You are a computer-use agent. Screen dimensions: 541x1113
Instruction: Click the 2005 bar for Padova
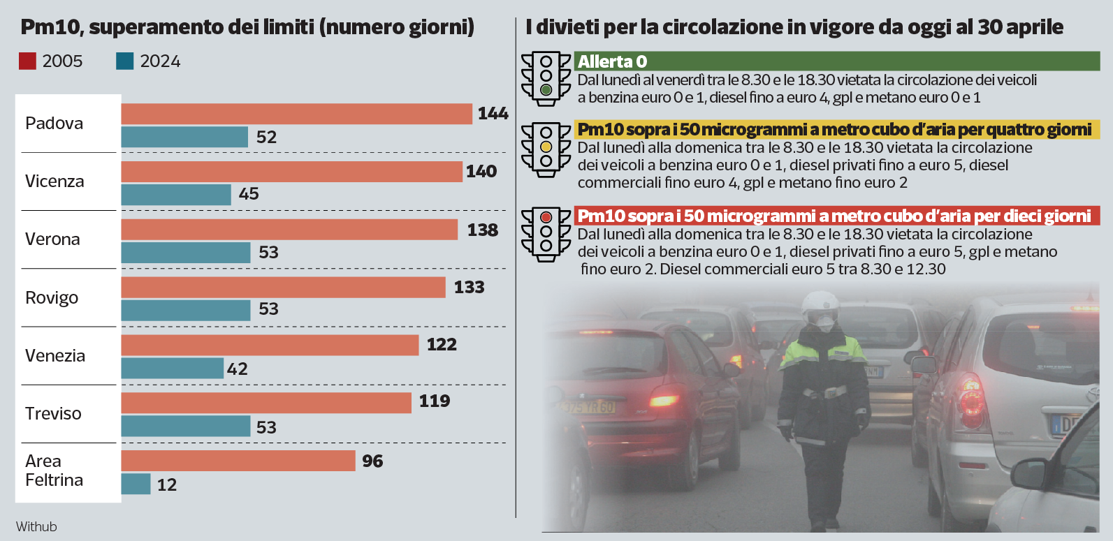tap(296, 114)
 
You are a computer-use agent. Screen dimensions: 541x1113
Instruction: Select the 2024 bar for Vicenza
tap(176, 195)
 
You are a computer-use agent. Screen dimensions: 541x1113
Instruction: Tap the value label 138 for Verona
tap(482, 230)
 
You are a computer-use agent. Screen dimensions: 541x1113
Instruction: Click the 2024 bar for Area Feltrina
tap(136, 484)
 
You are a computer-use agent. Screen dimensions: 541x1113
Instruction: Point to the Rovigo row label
tap(52, 298)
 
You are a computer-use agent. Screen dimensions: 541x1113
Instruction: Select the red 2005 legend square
tap(27, 61)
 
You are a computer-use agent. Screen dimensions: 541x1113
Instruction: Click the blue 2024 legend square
tap(124, 61)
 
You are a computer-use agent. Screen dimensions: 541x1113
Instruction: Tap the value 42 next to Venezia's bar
tap(237, 369)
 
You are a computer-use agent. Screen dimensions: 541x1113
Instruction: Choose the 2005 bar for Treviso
tap(265, 403)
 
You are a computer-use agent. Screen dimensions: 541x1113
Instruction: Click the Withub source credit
tap(36, 526)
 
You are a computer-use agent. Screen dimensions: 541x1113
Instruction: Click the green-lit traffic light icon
tap(546, 79)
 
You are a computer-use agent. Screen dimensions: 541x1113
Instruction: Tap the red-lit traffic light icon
tap(546, 234)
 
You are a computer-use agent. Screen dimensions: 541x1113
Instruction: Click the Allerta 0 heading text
tap(612, 61)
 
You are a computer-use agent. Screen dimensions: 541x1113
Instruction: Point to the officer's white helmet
tap(820, 303)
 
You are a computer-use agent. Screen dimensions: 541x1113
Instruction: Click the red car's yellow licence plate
tap(588, 407)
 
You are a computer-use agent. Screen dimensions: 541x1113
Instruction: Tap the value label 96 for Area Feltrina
tap(372, 461)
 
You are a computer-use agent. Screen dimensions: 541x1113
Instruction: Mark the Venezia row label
tap(55, 356)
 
